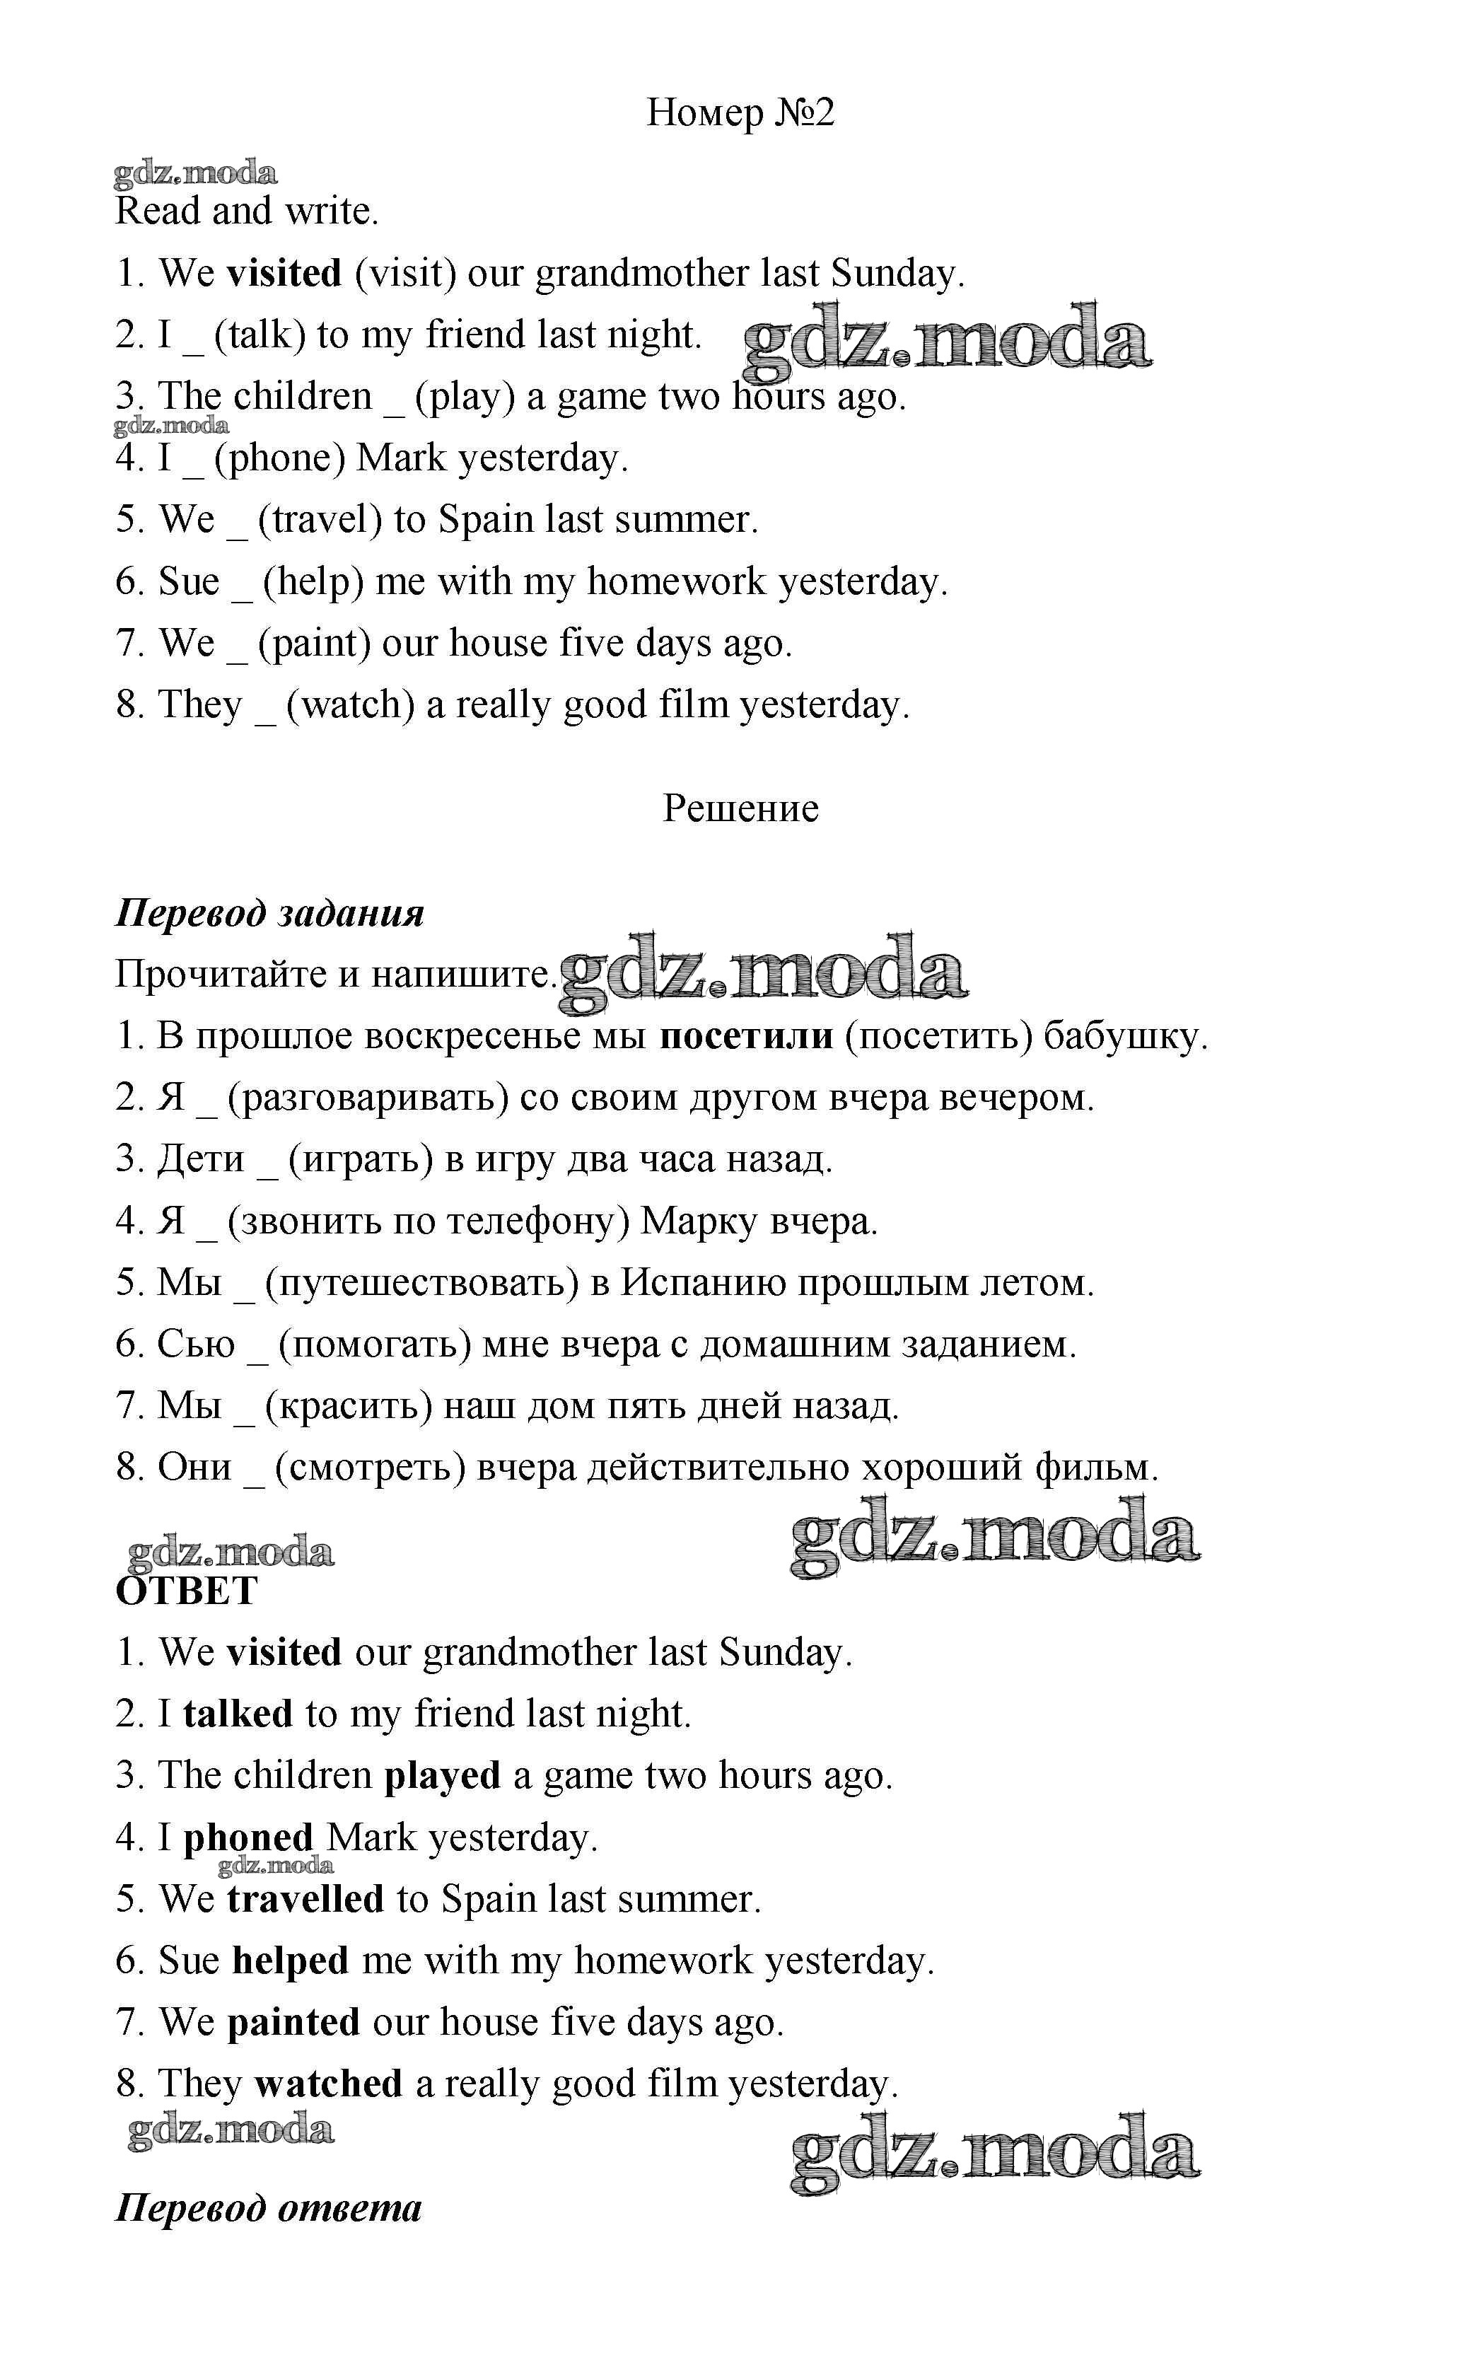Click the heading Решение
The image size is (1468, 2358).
click(x=740, y=808)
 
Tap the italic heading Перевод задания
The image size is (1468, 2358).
click(x=270, y=914)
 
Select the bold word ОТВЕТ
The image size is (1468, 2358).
click(x=187, y=1591)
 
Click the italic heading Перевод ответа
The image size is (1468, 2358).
click(x=269, y=2209)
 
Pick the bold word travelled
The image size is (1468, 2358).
click(x=305, y=1900)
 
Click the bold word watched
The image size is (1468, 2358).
click(x=328, y=2084)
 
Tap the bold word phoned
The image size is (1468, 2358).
click(x=248, y=1837)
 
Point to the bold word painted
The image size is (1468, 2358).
click(x=293, y=2022)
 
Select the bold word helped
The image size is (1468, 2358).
click(x=291, y=1961)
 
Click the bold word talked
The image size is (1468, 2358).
click(x=238, y=1714)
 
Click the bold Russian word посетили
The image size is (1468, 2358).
click(x=745, y=1037)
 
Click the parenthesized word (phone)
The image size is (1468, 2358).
click(x=279, y=458)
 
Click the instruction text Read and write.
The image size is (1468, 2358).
click(x=247, y=211)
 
